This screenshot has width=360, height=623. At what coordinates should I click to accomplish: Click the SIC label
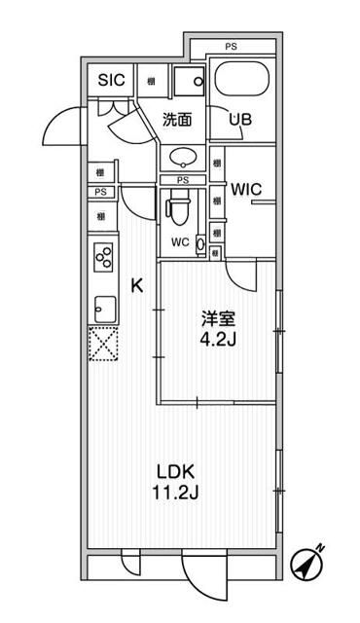[x=112, y=81]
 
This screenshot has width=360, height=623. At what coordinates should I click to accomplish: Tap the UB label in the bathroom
[x=240, y=121]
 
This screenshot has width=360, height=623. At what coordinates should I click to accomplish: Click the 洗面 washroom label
[x=176, y=121]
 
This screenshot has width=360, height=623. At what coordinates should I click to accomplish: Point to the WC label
[x=180, y=241]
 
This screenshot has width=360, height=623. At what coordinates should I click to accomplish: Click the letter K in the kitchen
[x=137, y=285]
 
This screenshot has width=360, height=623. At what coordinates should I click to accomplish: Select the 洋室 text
[x=215, y=317]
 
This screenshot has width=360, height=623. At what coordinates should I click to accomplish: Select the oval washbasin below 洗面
[x=182, y=158]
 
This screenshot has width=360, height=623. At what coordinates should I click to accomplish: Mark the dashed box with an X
[x=102, y=346]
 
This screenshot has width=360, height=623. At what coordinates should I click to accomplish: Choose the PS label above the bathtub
[x=231, y=47]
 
